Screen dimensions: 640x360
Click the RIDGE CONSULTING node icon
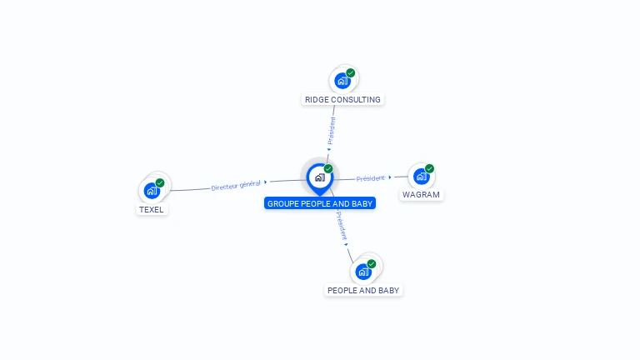point(342,81)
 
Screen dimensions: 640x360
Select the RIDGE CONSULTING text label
point(342,100)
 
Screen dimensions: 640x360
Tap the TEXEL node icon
point(152,190)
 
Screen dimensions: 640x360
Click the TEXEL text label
point(152,210)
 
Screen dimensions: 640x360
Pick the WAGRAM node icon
point(421,176)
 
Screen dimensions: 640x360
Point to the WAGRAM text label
point(421,195)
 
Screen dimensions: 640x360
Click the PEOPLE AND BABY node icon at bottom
point(363,272)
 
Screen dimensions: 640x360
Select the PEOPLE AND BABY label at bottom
point(363,291)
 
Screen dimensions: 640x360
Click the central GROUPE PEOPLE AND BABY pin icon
point(319,177)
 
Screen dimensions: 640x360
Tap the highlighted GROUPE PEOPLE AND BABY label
point(320,203)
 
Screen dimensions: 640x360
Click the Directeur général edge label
point(236,185)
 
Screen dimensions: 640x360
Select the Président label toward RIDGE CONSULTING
point(332,132)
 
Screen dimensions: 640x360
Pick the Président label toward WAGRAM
point(371,178)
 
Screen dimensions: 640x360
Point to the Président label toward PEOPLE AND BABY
point(342,226)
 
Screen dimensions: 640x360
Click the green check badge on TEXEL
point(160,182)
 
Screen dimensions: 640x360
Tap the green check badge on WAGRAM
point(430,168)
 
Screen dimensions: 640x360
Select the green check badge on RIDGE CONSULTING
point(351,73)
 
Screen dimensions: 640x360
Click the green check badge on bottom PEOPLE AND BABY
point(372,264)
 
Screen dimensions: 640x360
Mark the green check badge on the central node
point(328,169)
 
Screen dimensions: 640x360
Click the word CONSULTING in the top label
point(356,100)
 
